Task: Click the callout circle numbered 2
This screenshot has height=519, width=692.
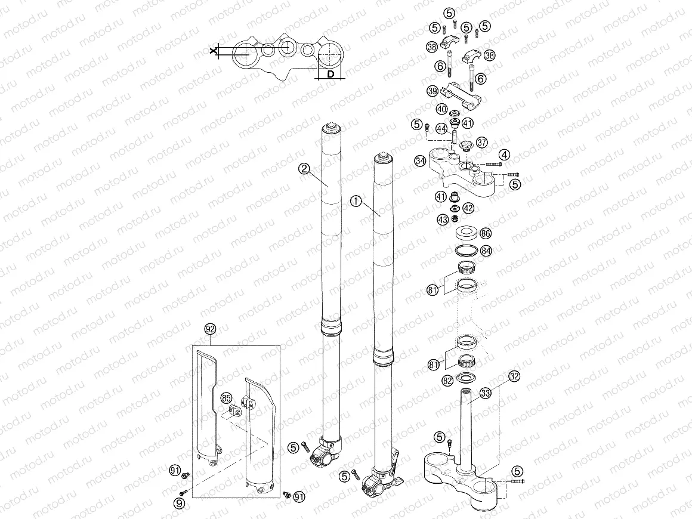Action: pyautogui.click(x=304, y=169)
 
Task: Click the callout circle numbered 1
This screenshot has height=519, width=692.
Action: pyautogui.click(x=356, y=202)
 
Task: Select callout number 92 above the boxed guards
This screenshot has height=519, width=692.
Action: pyautogui.click(x=209, y=329)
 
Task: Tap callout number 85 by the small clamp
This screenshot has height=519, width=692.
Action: pyautogui.click(x=225, y=397)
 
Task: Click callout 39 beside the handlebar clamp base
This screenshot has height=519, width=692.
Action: pyautogui.click(x=433, y=91)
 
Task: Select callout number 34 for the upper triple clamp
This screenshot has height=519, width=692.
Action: pyautogui.click(x=420, y=161)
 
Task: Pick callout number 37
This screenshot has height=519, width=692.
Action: pyautogui.click(x=482, y=142)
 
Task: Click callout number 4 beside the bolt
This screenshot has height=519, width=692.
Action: pyautogui.click(x=505, y=155)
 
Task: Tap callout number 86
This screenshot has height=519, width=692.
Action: pyautogui.click(x=486, y=233)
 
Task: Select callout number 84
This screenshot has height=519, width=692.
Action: pyautogui.click(x=486, y=251)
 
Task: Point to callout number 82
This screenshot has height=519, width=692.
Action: pyautogui.click(x=447, y=379)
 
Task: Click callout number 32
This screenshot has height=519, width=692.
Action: pyautogui.click(x=514, y=376)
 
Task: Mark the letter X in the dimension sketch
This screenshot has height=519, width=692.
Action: pyautogui.click(x=213, y=52)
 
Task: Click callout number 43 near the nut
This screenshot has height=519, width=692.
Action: pyautogui.click(x=443, y=220)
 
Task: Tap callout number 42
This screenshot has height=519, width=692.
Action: pyautogui.click(x=468, y=208)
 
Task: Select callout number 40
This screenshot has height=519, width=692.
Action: pyautogui.click(x=441, y=109)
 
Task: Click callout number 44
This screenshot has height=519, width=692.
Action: pyautogui.click(x=441, y=128)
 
